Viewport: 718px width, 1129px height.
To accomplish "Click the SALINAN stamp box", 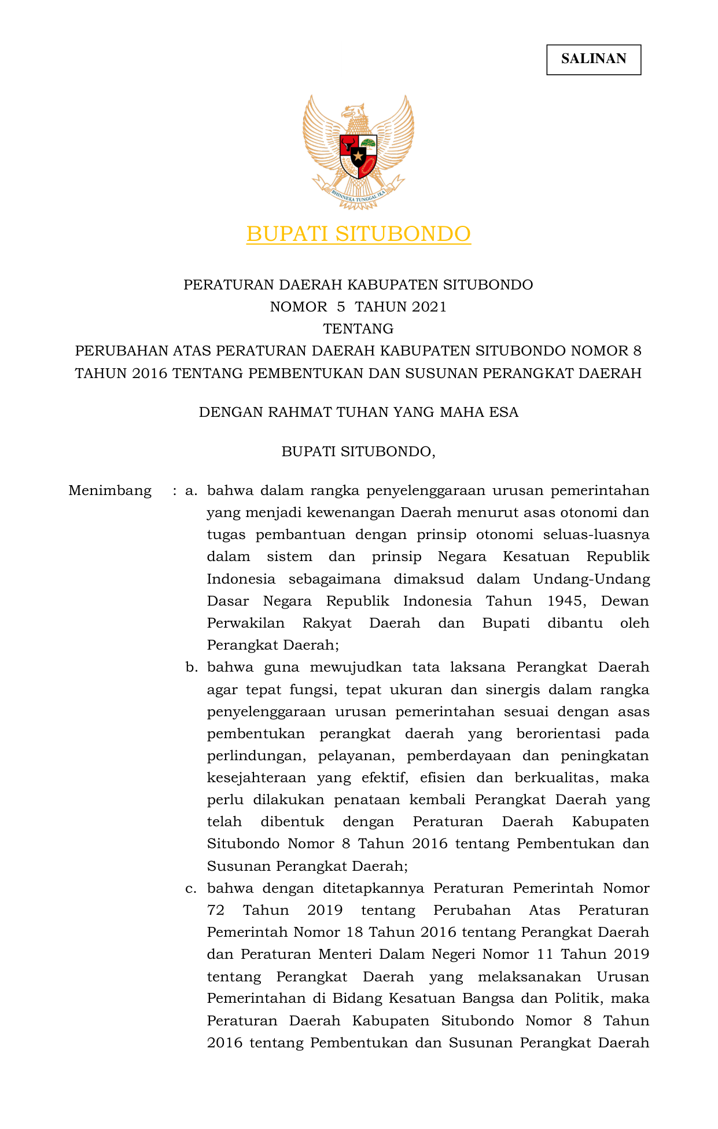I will (594, 59).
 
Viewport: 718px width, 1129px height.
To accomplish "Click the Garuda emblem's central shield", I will (358, 156).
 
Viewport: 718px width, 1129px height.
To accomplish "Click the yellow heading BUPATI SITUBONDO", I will (358, 234).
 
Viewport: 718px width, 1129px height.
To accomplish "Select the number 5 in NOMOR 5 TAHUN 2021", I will (341, 307).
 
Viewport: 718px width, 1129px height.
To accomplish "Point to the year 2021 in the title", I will (430, 307).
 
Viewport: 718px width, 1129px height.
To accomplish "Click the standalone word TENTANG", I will (358, 329).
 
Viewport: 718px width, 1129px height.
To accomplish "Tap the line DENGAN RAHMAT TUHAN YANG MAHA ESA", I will (358, 412).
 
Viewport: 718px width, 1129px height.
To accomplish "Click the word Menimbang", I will (110, 491).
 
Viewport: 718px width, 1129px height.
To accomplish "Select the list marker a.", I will (191, 491).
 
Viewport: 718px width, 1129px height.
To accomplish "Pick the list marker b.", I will (191, 668).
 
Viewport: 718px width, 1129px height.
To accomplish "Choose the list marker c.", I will (191, 888).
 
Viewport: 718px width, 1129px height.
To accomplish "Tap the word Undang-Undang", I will (591, 579).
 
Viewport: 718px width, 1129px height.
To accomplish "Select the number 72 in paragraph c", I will (216, 910).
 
